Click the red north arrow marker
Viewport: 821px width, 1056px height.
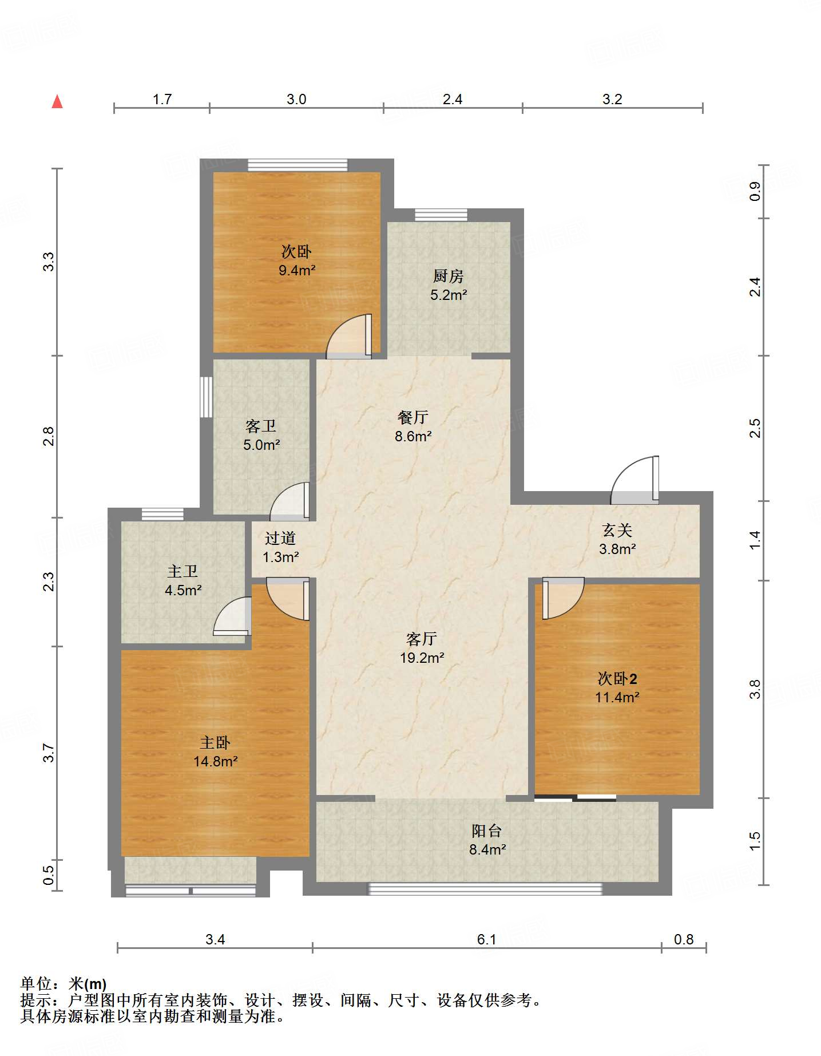(x=57, y=101)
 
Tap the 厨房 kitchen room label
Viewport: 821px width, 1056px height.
(x=448, y=276)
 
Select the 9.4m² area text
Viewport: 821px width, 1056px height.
(x=297, y=270)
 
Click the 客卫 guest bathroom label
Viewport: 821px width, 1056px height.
(x=261, y=426)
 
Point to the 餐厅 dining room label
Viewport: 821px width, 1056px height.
(x=413, y=417)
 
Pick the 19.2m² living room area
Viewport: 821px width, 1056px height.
(x=422, y=658)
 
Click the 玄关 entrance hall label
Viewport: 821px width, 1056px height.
(x=617, y=530)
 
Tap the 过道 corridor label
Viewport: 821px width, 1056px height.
(x=280, y=538)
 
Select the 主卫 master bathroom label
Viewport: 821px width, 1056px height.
(x=183, y=571)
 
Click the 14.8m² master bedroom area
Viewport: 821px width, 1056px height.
(x=216, y=761)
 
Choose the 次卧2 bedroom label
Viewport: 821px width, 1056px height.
(x=617, y=678)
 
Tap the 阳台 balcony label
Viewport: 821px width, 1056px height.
(x=487, y=830)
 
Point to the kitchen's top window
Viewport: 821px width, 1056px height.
(x=441, y=215)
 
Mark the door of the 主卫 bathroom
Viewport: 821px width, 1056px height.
(x=232, y=616)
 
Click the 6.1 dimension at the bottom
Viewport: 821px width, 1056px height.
(x=486, y=939)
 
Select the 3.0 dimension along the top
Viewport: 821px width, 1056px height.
(x=296, y=99)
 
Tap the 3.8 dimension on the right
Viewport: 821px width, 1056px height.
(x=755, y=689)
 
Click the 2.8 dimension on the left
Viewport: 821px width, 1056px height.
(x=49, y=436)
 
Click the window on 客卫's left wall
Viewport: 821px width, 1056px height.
(x=206, y=397)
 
